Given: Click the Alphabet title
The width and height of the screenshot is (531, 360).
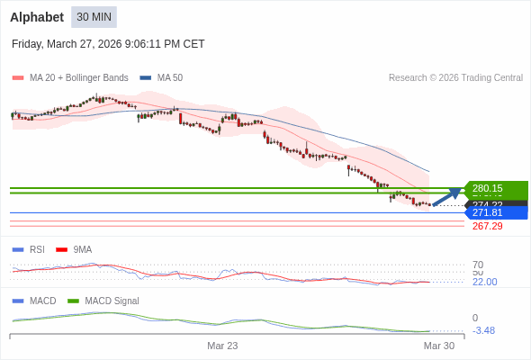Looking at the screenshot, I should point(37,17).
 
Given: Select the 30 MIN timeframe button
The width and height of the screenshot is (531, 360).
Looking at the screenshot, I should point(94,17).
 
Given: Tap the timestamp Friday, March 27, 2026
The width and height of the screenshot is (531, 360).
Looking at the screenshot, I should point(108,44).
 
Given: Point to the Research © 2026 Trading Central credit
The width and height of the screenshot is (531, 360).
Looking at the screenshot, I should point(455,77).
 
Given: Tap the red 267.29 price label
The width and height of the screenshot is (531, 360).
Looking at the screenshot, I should point(487,226).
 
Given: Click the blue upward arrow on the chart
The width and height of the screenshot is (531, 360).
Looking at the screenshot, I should point(447,197).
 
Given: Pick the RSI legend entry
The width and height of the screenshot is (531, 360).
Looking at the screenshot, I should point(36,249).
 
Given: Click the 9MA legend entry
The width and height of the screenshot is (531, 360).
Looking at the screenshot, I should point(82,249).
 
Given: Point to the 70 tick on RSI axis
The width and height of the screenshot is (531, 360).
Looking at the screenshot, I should point(478,265).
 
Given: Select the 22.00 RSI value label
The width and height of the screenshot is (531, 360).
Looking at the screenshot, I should point(484,282).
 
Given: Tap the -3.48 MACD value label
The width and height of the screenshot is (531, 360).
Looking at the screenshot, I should point(483,330).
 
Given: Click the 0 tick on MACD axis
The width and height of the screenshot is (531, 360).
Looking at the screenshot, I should point(475,318).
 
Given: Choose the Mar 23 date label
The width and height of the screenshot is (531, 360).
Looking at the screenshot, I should point(222,346).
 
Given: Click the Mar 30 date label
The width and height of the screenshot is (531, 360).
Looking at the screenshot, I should point(439,346).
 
